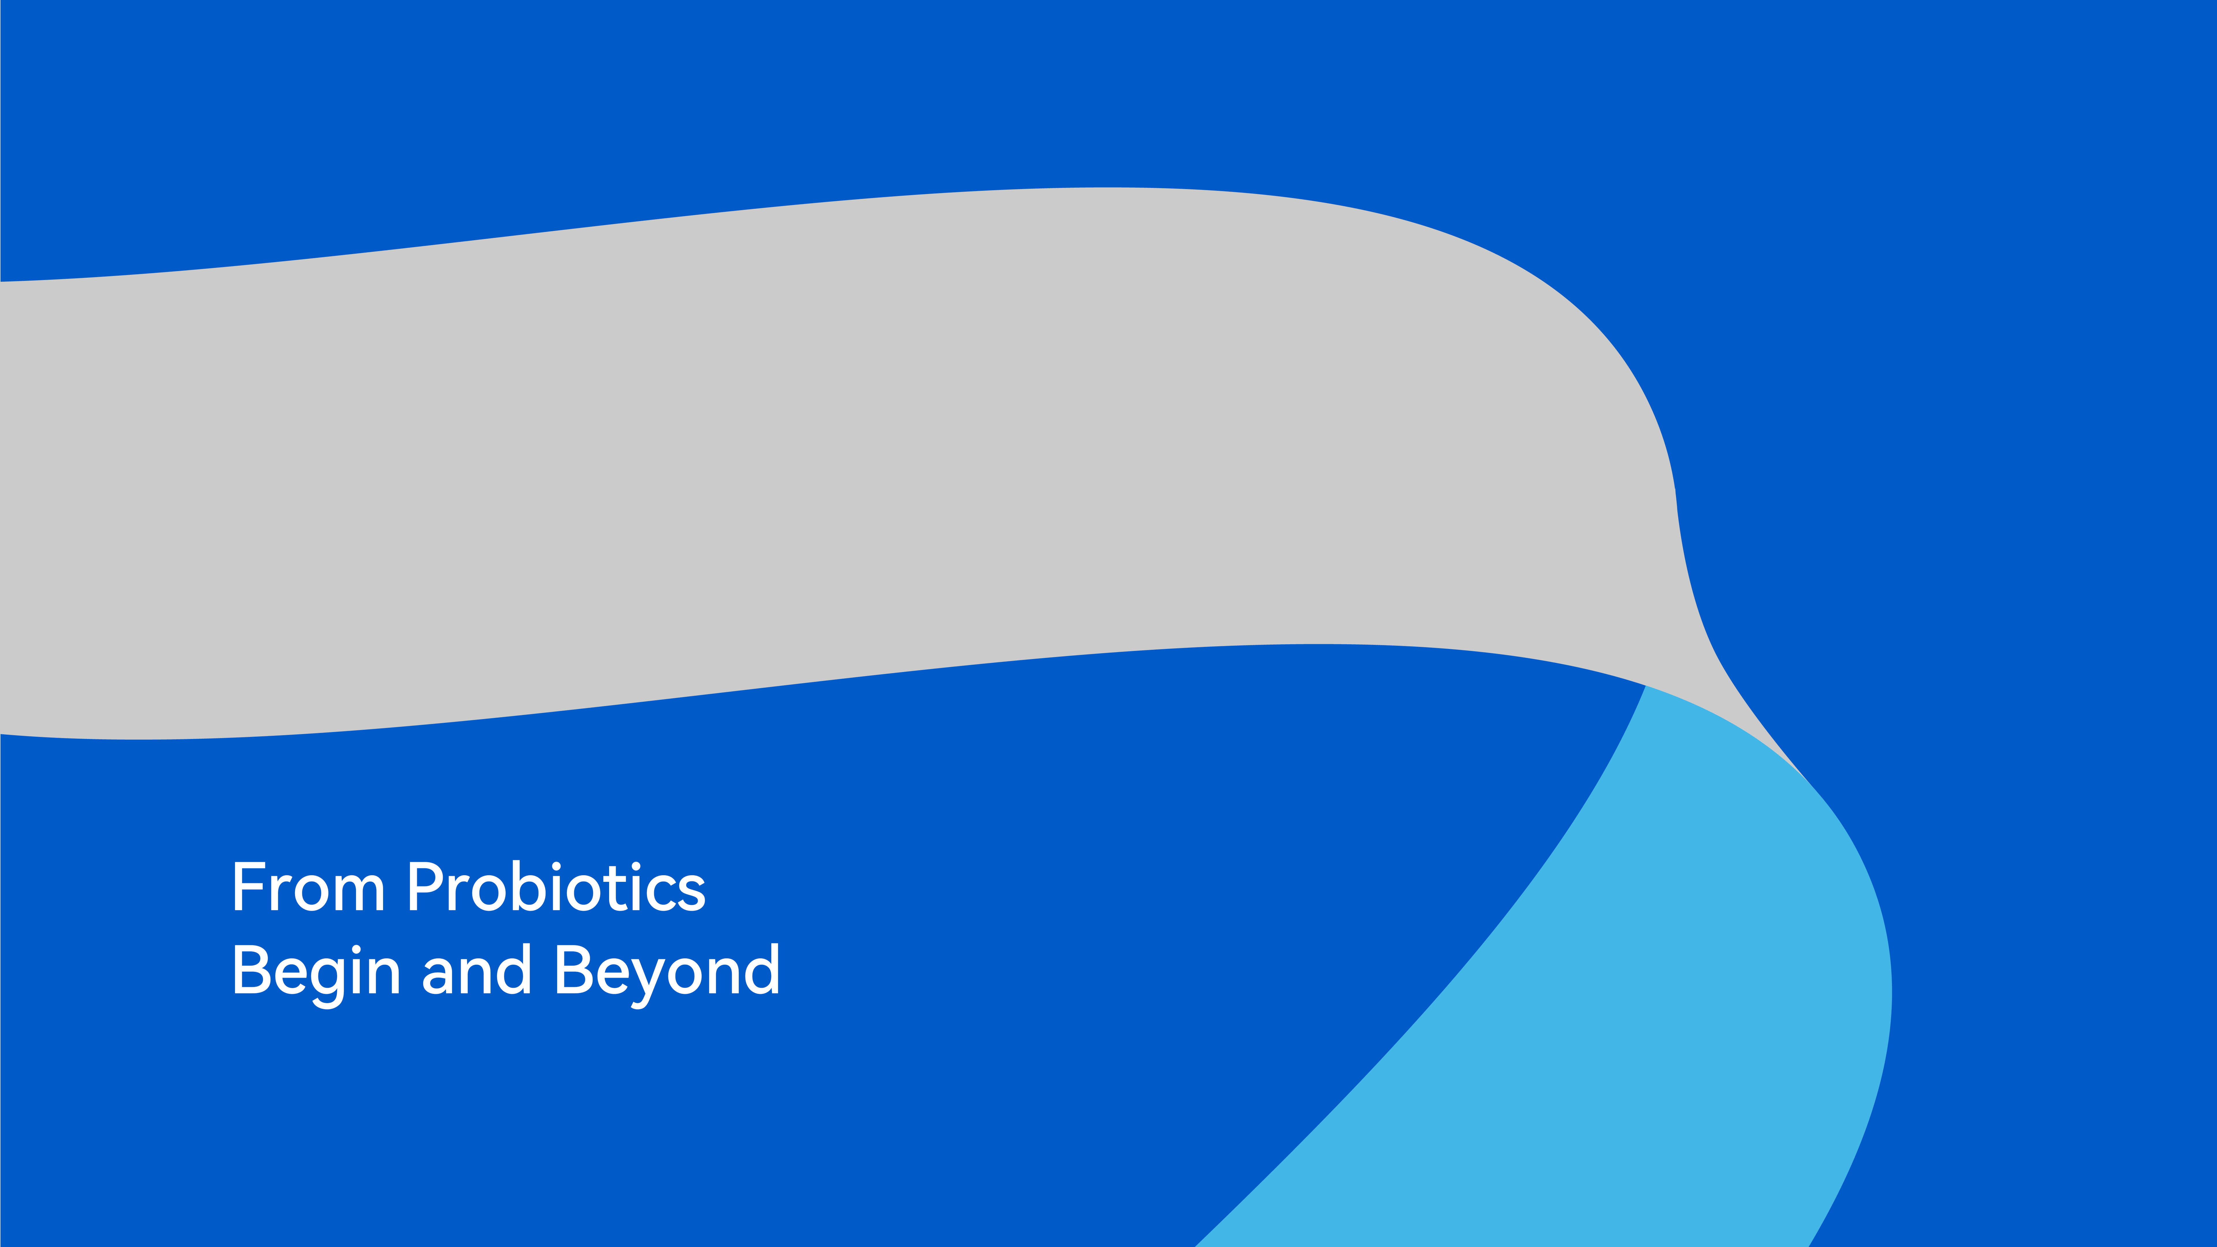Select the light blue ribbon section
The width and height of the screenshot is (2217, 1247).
click(x=1678, y=990)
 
